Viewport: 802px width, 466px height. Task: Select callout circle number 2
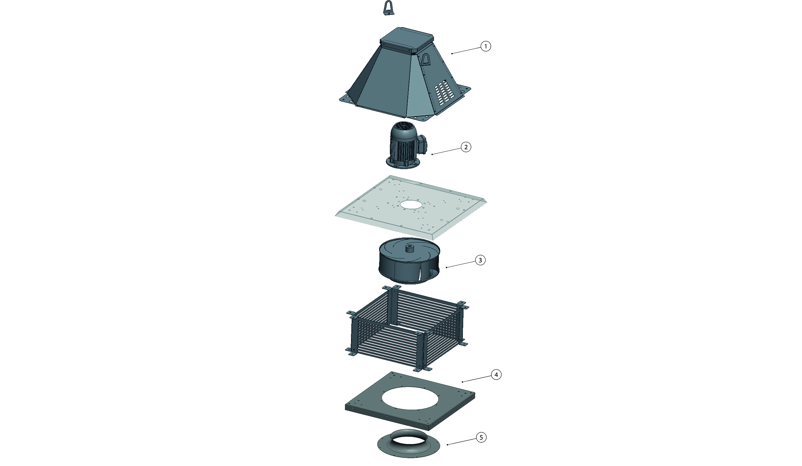[466, 147]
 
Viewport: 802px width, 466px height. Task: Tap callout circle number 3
[480, 260]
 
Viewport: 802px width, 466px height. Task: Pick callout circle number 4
[496, 375]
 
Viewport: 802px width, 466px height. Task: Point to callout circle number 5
[481, 438]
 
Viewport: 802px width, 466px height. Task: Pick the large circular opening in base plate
[411, 398]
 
